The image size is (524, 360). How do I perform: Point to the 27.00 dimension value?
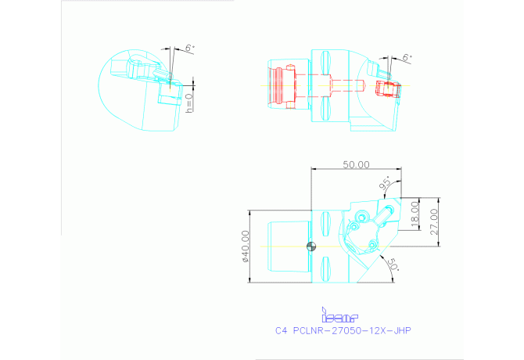435,221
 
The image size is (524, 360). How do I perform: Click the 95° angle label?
386,185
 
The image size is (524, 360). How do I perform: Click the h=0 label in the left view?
188,103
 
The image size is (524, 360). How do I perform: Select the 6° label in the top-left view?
188,49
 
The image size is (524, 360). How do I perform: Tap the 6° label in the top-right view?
406,59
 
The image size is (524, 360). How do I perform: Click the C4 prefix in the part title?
282,330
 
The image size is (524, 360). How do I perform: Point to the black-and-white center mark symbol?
311,246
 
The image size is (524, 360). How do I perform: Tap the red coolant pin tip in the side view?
362,84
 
